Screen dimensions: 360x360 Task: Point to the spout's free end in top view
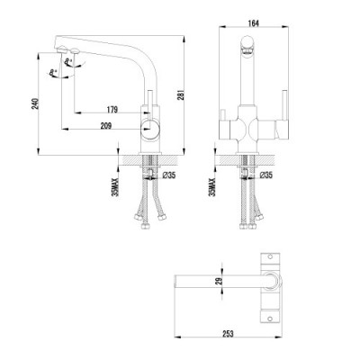click(x=174, y=283)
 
